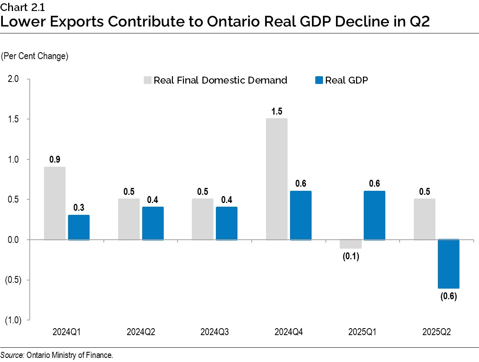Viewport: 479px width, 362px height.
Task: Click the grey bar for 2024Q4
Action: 277,179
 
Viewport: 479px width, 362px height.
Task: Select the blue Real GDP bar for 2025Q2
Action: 448,264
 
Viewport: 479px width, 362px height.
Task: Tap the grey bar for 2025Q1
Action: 350,244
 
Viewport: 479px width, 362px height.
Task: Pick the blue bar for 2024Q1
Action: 79,227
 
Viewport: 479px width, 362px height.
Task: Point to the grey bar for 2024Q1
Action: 55,203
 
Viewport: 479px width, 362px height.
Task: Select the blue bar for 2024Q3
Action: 226,223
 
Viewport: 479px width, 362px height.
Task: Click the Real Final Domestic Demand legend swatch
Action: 147,80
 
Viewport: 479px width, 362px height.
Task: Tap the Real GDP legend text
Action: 346,80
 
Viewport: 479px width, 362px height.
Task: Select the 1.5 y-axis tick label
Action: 13,119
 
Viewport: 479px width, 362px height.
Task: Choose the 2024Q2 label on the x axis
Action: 141,332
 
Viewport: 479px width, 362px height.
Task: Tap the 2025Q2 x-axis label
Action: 436,332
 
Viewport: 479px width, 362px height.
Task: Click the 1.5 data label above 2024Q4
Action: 277,111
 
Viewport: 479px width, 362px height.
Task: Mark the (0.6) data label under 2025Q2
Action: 448,296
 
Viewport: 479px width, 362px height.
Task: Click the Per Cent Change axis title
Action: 35,56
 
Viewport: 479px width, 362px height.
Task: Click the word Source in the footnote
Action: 12,355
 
